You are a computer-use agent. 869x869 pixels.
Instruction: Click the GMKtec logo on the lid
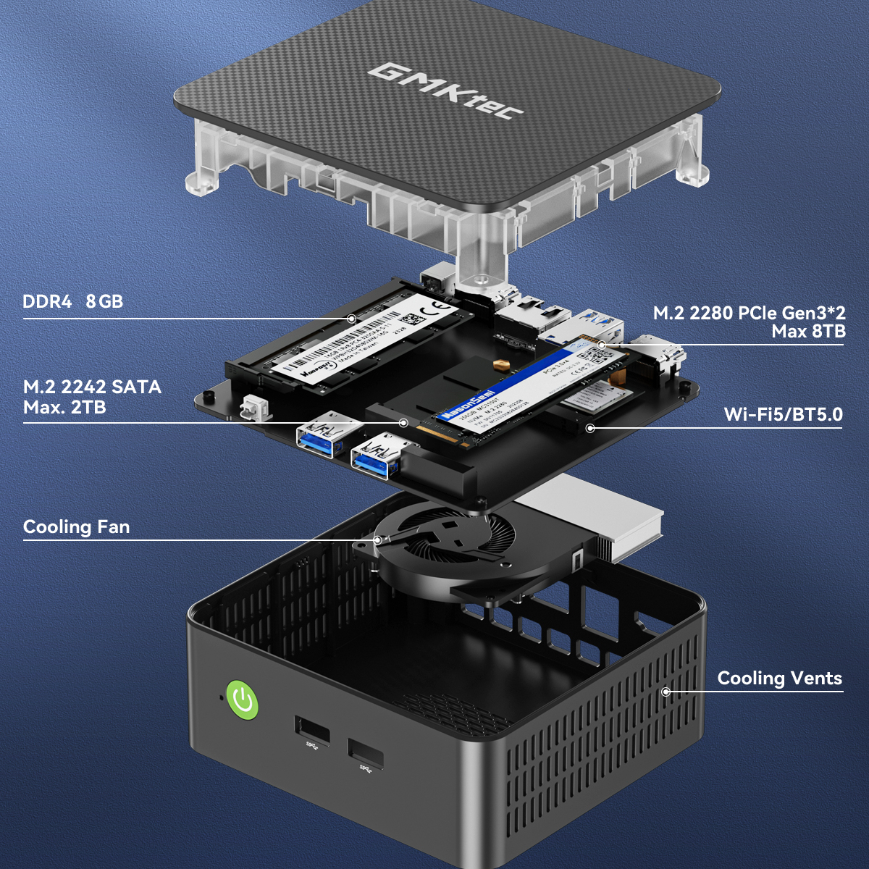tap(446, 91)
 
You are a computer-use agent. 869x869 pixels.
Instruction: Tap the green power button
tap(243, 700)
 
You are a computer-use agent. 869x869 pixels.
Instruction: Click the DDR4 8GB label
tap(72, 301)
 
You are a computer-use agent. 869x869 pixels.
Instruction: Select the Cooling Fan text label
tap(77, 526)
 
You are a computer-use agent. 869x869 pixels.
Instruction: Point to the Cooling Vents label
tap(779, 678)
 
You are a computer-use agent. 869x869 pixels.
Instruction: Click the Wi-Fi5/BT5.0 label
tap(783, 414)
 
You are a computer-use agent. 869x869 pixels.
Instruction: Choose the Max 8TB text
tap(808, 332)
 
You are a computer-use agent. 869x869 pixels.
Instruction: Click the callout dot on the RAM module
tap(351, 319)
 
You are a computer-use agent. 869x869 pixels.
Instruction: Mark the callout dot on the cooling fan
tap(377, 540)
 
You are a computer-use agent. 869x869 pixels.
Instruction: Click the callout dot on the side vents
tap(666, 692)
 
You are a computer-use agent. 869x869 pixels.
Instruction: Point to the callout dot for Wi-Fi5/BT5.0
tap(590, 428)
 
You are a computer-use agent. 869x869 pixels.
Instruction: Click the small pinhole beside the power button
tap(222, 698)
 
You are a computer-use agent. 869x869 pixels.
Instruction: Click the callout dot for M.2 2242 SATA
tap(404, 423)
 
